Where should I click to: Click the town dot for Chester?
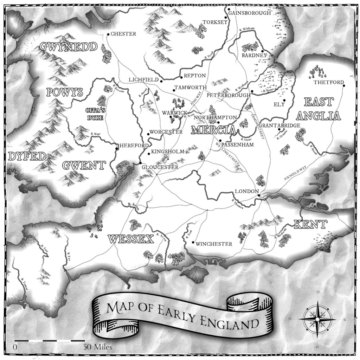(108, 34)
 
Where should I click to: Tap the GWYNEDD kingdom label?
(68, 47)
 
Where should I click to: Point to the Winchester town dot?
(193, 242)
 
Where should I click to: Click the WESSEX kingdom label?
(131, 239)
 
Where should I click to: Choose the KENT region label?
(310, 224)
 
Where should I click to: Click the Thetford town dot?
(343, 86)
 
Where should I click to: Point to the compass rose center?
(317, 319)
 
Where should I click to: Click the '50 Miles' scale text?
(98, 347)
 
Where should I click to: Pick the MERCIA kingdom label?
(213, 130)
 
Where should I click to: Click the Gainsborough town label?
(250, 13)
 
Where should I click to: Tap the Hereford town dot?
(117, 148)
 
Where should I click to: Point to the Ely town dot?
(284, 101)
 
